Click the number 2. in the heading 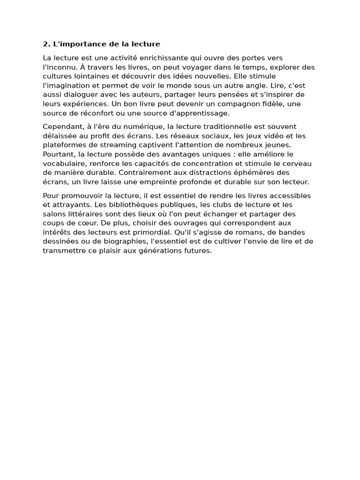click(x=46, y=44)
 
